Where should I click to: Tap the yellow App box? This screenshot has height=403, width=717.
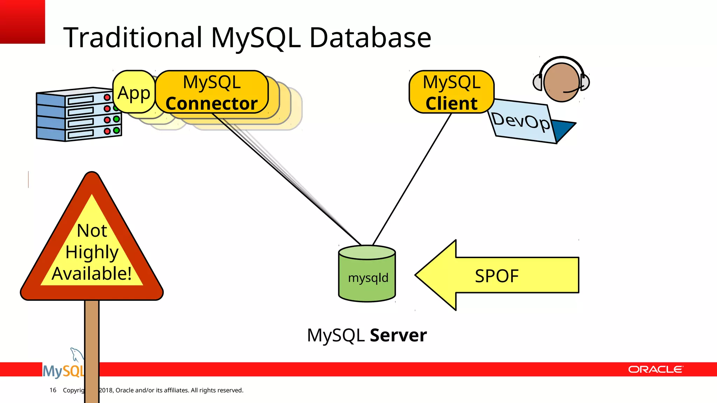(134, 93)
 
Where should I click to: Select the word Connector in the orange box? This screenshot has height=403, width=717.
(211, 104)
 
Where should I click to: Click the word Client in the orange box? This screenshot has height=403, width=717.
(451, 104)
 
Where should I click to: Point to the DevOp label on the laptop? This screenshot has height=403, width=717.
(521, 121)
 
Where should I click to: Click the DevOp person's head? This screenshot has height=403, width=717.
(561, 83)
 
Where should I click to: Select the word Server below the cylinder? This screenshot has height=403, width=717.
(398, 335)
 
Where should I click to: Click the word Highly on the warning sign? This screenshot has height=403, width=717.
(92, 252)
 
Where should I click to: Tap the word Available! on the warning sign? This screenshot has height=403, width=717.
(92, 273)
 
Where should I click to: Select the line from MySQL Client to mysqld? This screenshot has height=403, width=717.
(412, 179)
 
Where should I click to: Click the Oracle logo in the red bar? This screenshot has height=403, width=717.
(655, 369)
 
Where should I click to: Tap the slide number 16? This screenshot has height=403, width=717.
(53, 390)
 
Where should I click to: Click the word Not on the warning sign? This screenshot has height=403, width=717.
(92, 231)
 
